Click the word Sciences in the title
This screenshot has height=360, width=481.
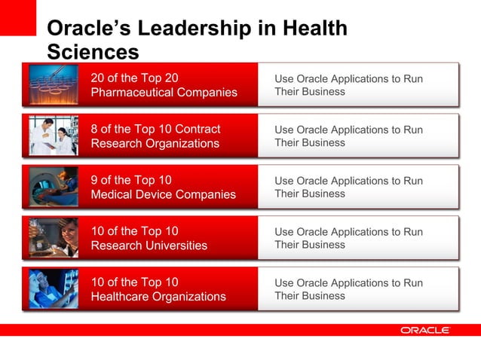point(93,52)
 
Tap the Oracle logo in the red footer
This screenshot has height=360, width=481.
point(425,330)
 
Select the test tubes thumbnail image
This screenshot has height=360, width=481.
point(53,84)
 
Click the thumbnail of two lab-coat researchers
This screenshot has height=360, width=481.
point(53,136)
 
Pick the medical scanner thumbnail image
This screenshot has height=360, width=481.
point(53,187)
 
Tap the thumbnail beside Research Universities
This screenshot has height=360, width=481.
point(53,238)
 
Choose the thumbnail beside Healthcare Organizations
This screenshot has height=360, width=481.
point(53,289)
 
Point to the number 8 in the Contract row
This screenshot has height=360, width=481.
point(94,129)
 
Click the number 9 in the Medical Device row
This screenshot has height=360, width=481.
point(94,180)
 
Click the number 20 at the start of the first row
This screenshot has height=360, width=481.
point(98,78)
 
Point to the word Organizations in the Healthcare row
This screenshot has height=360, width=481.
point(188,297)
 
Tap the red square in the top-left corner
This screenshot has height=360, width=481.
point(17,17)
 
